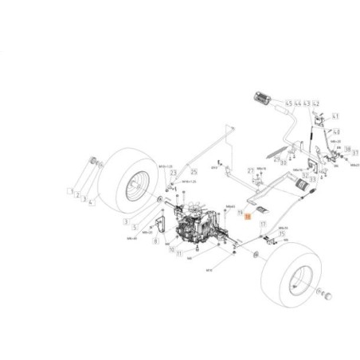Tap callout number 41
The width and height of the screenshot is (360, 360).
point(335,115)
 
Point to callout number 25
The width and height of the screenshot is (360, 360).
point(194,172)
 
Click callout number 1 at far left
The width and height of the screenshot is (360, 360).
point(70,192)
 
